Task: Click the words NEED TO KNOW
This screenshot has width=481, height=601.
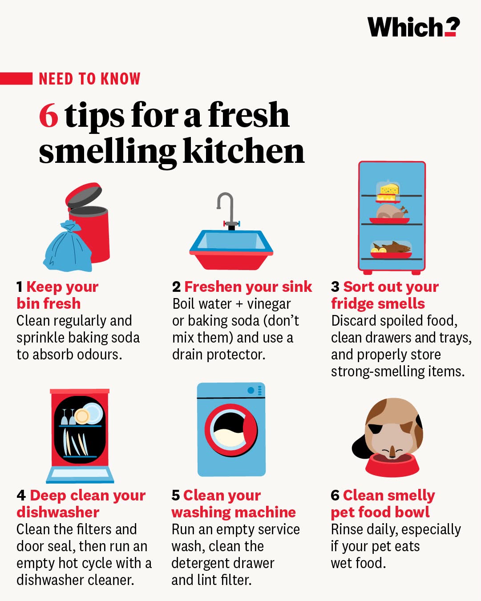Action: pyautogui.click(x=89, y=79)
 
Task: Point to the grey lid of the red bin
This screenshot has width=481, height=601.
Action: pyautogui.click(x=84, y=195)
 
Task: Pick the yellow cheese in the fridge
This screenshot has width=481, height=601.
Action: pyautogui.click(x=388, y=193)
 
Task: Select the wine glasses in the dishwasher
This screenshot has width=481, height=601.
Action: pyautogui.click(x=68, y=417)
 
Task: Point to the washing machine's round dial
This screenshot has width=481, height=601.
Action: pyautogui.click(x=251, y=391)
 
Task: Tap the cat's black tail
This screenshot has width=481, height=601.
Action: pyautogui.click(x=361, y=447)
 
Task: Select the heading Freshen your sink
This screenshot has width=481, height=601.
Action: pyautogui.click(x=248, y=287)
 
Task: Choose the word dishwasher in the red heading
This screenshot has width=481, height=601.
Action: pyautogui.click(x=58, y=512)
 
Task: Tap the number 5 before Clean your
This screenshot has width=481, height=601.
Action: pyautogui.click(x=176, y=496)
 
